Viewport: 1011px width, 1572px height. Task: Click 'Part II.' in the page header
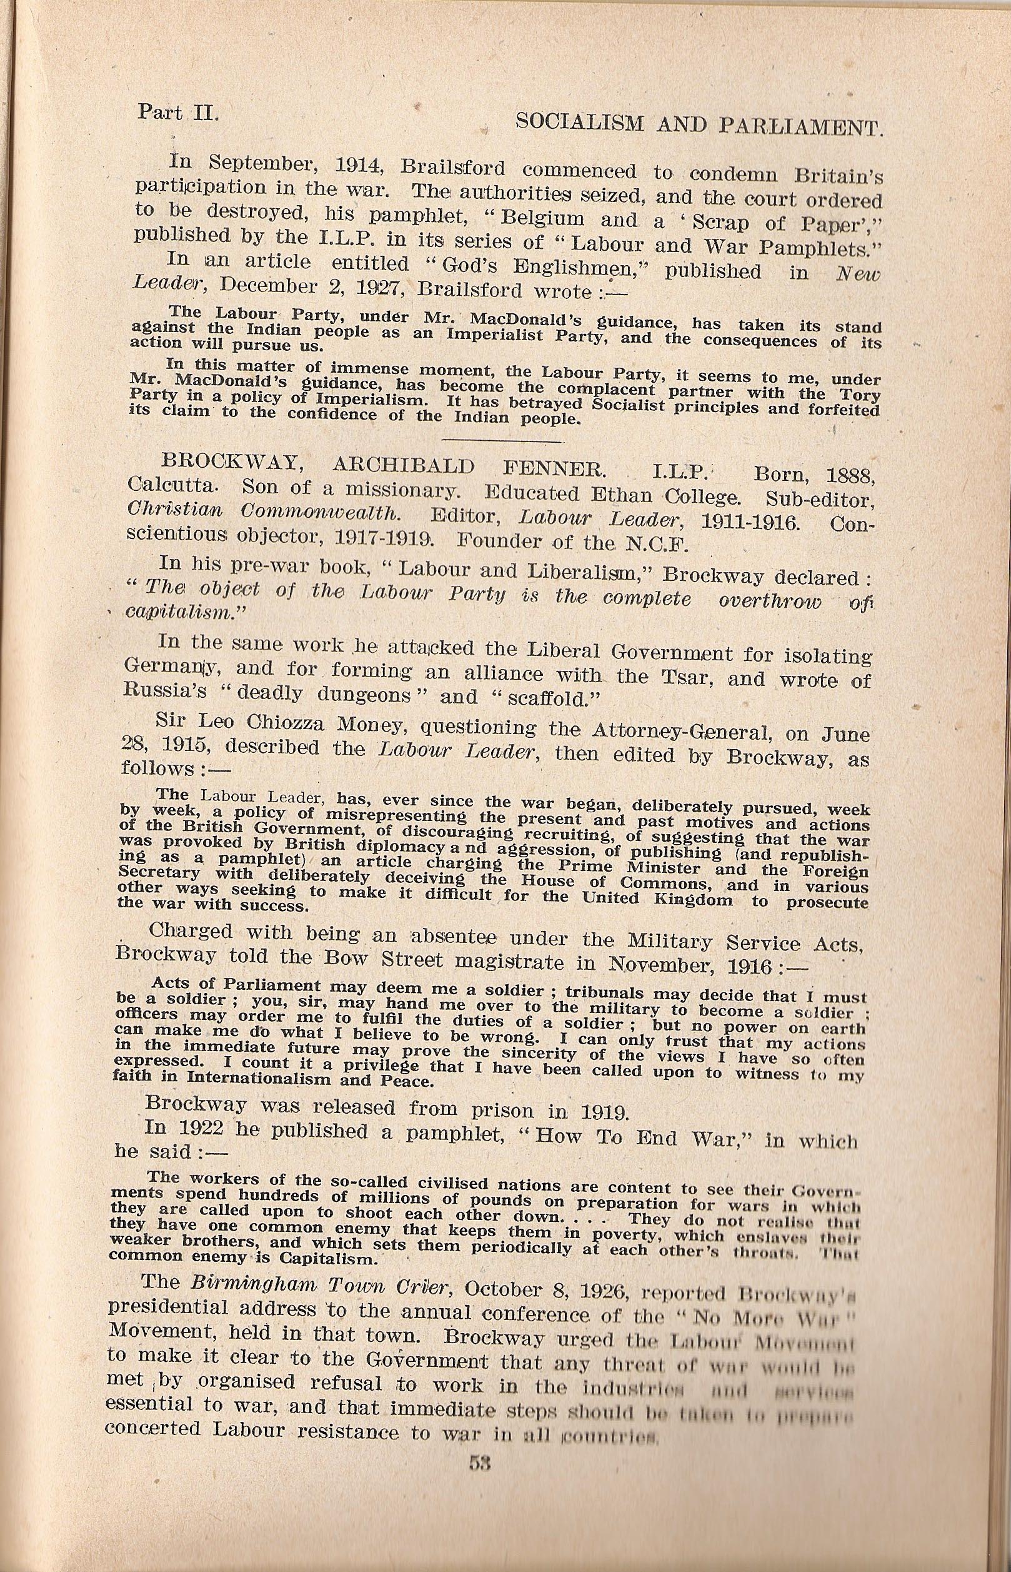click(x=177, y=113)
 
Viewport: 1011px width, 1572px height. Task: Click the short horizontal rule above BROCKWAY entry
click(x=502, y=439)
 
